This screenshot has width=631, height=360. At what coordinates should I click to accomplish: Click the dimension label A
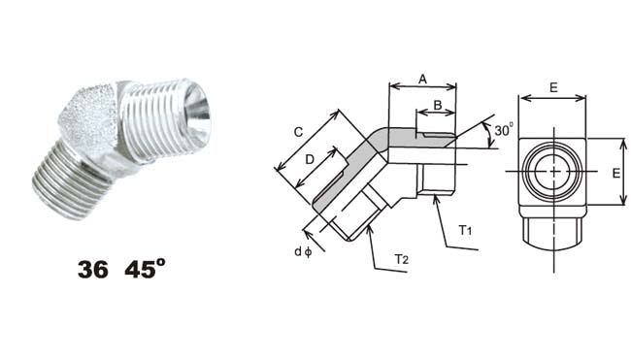coord(422,80)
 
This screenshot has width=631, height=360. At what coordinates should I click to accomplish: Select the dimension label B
coord(438,106)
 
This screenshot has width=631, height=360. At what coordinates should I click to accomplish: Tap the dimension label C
coord(298,132)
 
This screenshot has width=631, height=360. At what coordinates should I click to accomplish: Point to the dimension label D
coord(310,160)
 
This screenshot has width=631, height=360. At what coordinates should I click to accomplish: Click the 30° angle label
coord(504,130)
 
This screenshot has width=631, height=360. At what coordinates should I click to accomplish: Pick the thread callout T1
coord(465,231)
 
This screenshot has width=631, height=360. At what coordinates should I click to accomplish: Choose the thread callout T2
coord(401,259)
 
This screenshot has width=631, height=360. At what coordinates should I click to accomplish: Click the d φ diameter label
coord(303,251)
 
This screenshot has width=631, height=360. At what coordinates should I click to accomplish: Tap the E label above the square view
coord(553,87)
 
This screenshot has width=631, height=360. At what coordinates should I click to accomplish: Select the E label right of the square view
coord(616,174)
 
